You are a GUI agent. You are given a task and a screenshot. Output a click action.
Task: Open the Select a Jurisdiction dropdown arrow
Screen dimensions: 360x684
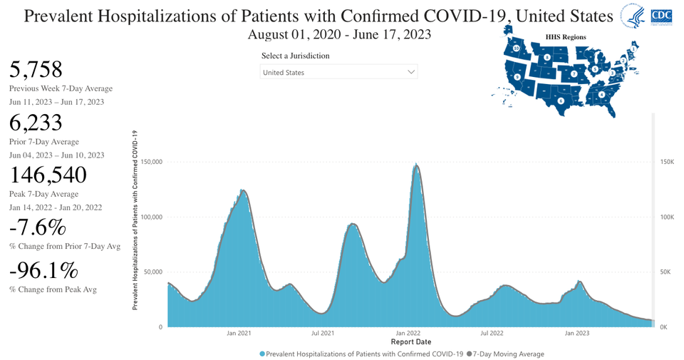tap(410, 72)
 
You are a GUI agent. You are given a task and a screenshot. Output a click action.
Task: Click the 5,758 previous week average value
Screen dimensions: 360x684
tap(36, 69)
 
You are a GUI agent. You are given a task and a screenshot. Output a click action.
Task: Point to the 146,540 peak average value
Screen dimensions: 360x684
tap(48, 175)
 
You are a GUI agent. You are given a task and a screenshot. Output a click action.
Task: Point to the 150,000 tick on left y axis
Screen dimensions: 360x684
tap(152, 162)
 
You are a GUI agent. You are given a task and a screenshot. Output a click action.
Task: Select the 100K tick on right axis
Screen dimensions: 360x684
tap(665, 217)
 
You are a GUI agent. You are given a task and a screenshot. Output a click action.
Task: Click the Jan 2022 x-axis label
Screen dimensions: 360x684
tap(408, 333)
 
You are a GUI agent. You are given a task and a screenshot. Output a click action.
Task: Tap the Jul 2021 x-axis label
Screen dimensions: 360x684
tap(323, 333)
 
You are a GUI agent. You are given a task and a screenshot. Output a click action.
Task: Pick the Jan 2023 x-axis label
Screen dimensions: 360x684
tap(576, 333)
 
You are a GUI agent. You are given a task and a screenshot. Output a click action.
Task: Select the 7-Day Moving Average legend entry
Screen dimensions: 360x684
tap(509, 354)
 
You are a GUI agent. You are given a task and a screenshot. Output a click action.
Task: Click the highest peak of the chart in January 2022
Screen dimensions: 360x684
tap(415, 165)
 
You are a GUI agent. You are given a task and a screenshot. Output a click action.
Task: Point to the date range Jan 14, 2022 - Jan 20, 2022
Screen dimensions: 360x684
tap(56, 207)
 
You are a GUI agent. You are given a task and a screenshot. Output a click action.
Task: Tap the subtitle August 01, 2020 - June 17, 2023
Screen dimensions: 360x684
tap(339, 34)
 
